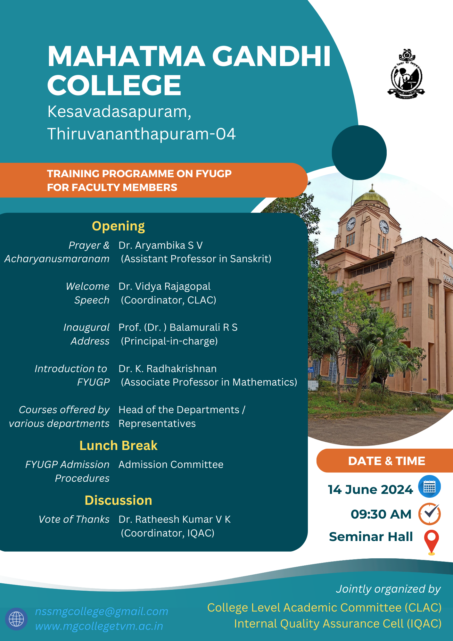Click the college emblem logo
[x=406, y=75]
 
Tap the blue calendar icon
[x=429, y=487]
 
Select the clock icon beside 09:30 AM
[x=429, y=514]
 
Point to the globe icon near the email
[x=16, y=619]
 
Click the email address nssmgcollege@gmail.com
[x=102, y=611]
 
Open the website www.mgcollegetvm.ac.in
[x=99, y=626]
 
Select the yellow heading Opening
[x=118, y=226]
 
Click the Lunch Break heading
[x=118, y=445]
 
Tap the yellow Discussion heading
[x=118, y=500]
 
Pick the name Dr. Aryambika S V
[x=161, y=245]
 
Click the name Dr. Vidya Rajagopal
[x=164, y=286]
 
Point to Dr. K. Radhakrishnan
[x=168, y=369]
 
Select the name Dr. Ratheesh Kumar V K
[x=175, y=519]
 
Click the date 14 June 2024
[x=370, y=489]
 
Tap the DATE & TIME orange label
[x=386, y=461]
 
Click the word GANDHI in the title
[x=271, y=56]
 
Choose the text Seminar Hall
[x=371, y=537]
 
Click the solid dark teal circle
[x=359, y=153]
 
